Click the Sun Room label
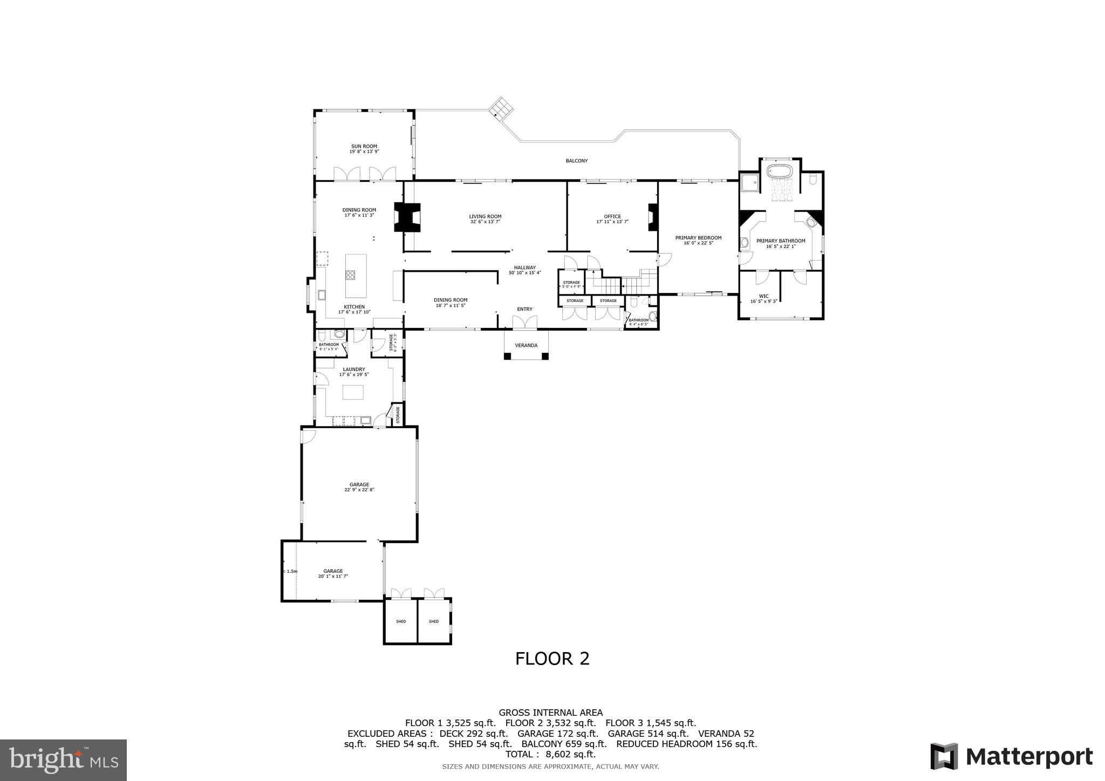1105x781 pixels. [364, 146]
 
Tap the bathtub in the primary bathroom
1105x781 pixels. [780, 173]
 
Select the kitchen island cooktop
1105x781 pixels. [351, 275]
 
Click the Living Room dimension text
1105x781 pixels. [485, 222]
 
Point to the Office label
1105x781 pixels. [612, 216]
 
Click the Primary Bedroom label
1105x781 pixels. [698, 237]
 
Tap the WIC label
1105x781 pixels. [763, 296]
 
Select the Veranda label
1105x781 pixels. [526, 345]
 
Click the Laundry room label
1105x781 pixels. [354, 369]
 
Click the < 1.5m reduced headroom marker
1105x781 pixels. [290, 571]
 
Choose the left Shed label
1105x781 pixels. [401, 621]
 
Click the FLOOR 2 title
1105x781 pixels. [552, 659]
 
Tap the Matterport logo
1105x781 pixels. [1011, 757]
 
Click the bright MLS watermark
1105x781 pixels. [63, 761]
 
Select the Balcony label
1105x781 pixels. [576, 161]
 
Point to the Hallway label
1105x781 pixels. [524, 268]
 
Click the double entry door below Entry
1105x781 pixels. [524, 323]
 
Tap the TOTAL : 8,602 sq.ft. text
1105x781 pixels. [550, 754]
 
